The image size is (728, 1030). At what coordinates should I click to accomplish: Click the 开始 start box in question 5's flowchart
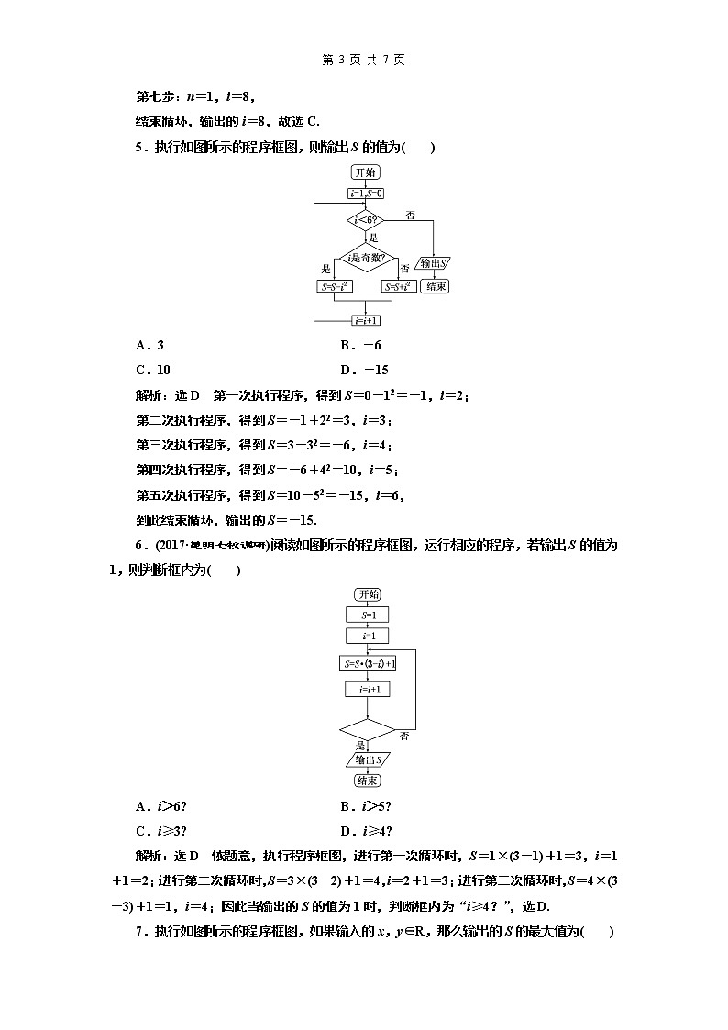tap(366, 172)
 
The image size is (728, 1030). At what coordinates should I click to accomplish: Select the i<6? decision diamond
tap(366, 220)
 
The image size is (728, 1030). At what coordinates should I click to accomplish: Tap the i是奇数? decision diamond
tap(366, 260)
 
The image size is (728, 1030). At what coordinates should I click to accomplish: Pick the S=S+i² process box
tap(397, 286)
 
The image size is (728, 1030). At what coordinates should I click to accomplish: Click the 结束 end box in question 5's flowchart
tap(435, 286)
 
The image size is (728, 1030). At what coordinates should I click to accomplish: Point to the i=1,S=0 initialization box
tap(366, 194)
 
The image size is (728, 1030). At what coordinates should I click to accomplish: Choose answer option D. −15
tap(364, 370)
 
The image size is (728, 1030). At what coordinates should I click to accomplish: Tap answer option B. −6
tap(360, 345)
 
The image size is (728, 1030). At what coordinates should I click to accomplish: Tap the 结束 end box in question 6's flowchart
tap(368, 781)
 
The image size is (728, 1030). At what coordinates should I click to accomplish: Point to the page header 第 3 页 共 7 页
tap(364, 60)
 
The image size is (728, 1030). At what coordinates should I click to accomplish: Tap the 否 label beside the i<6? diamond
tap(410, 215)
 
